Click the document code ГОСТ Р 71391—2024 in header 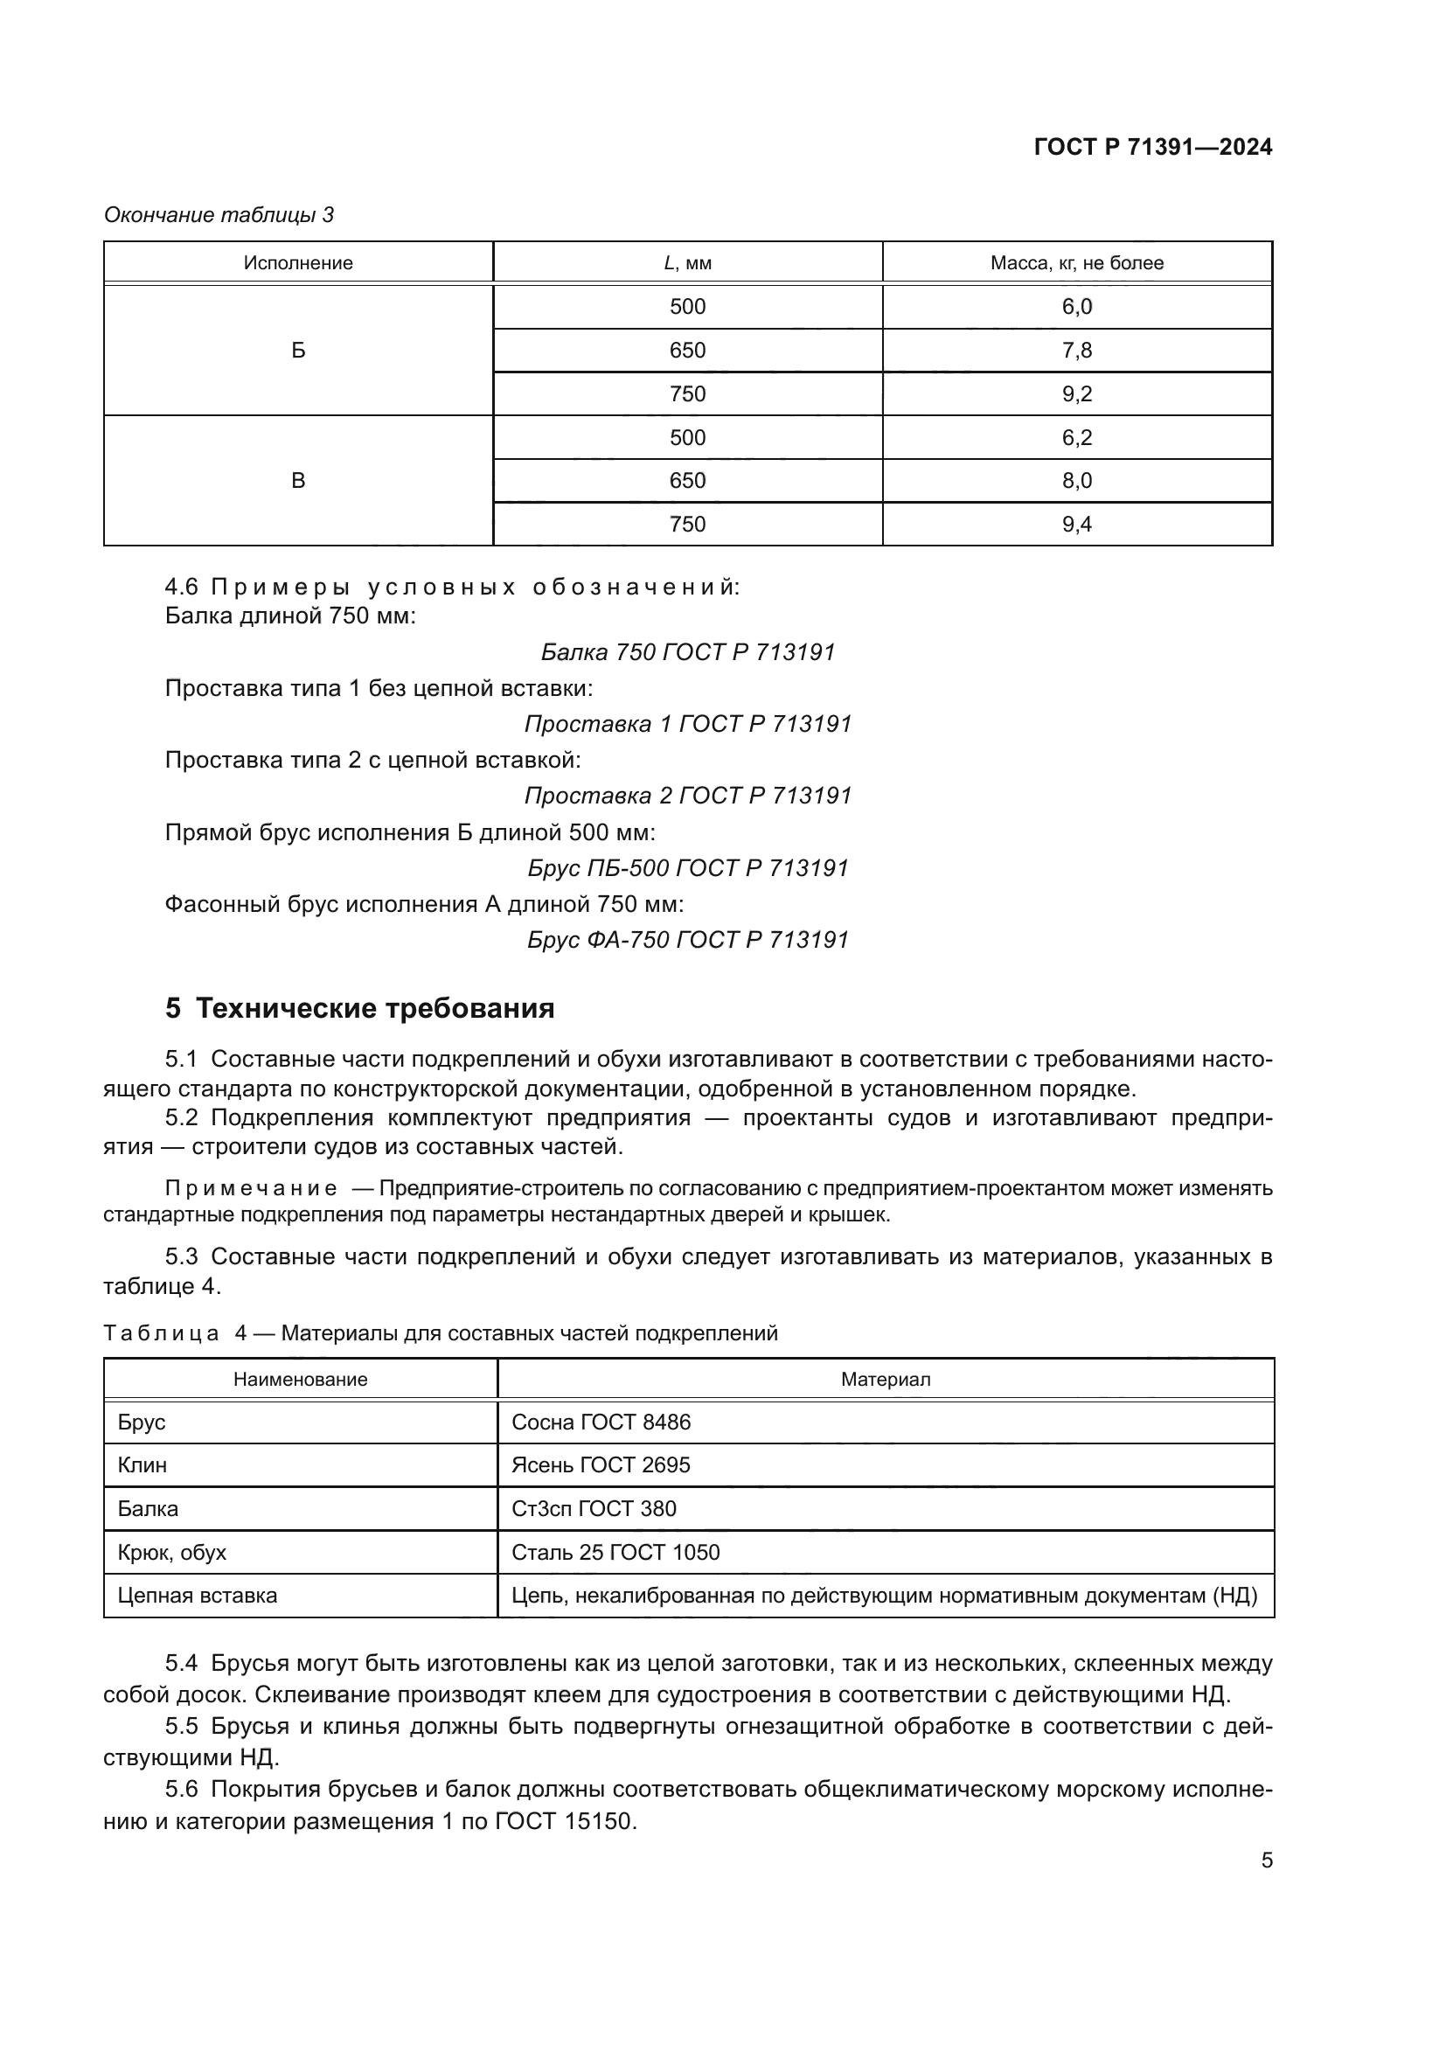tap(1152, 148)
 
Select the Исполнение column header tap(298, 263)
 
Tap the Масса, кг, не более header tap(1076, 263)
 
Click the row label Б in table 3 tap(298, 350)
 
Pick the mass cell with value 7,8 tap(1076, 350)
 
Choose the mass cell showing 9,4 tap(1076, 525)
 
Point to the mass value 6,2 tap(1076, 437)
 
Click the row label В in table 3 tap(298, 481)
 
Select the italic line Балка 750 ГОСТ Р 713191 tap(687, 652)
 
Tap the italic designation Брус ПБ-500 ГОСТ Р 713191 tap(687, 867)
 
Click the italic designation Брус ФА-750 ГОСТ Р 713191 tap(687, 940)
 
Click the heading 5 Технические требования tap(359, 1008)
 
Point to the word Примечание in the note tap(251, 1188)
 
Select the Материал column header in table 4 tap(885, 1380)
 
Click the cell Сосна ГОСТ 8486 tap(601, 1422)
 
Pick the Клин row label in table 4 tap(143, 1465)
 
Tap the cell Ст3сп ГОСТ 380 tap(594, 1509)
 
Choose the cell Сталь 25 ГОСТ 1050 tap(615, 1553)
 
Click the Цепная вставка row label tap(198, 1596)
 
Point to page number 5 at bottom tap(1266, 1861)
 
